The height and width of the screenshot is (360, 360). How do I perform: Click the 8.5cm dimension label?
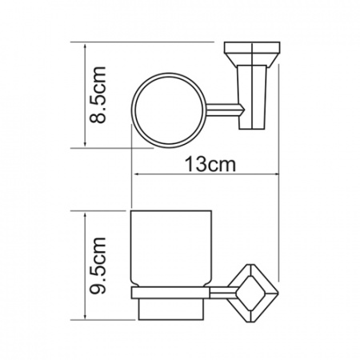pos(98,94)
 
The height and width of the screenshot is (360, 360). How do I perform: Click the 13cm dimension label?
pos(210,164)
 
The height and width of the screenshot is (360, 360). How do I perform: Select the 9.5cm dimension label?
pos(98,266)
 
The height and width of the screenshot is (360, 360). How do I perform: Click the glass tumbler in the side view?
pos(171,249)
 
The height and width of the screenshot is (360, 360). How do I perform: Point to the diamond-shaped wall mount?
pos(254,293)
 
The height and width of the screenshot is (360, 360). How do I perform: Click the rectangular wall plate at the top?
pos(252,47)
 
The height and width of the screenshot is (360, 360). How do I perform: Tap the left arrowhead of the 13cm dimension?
pos(136,174)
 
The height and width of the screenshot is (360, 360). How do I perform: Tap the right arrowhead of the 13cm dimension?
pos(276,174)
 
